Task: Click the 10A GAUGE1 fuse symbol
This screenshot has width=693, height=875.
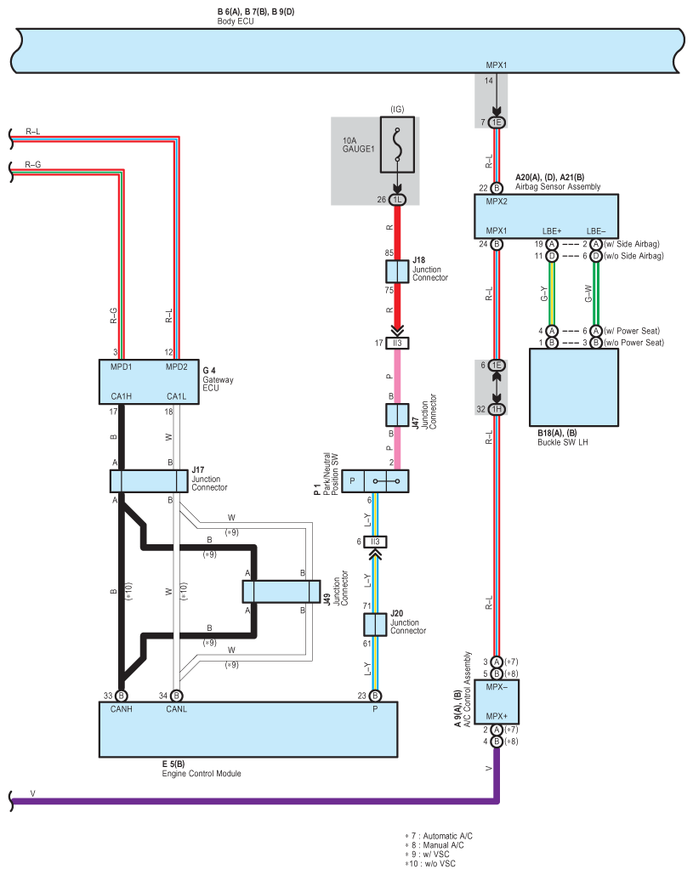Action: point(397,145)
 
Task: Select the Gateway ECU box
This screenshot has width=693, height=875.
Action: point(149,382)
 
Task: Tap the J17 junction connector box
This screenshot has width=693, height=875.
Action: point(149,481)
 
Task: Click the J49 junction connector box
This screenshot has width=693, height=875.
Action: point(281,592)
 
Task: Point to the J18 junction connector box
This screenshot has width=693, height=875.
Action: point(397,272)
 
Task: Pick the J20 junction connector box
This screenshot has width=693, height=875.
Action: point(375,624)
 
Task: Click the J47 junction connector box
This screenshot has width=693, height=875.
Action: point(397,415)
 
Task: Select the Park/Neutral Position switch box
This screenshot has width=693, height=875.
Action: point(375,481)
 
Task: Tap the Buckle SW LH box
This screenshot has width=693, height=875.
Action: point(574,387)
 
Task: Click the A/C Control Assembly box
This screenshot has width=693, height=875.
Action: point(497,702)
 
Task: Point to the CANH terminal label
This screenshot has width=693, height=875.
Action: point(121,709)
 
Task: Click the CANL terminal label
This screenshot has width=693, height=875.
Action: point(176,709)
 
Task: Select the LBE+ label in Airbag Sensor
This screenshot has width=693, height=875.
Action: point(552,231)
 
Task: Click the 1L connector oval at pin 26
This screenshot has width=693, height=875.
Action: point(397,200)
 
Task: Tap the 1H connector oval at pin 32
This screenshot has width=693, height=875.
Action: point(497,410)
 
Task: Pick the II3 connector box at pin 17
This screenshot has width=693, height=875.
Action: point(397,344)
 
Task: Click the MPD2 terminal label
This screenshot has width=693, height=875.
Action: point(176,367)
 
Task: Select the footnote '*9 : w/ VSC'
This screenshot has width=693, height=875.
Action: point(428,855)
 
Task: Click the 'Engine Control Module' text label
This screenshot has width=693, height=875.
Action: point(202,774)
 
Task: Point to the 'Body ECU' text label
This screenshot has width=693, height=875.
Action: point(236,21)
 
